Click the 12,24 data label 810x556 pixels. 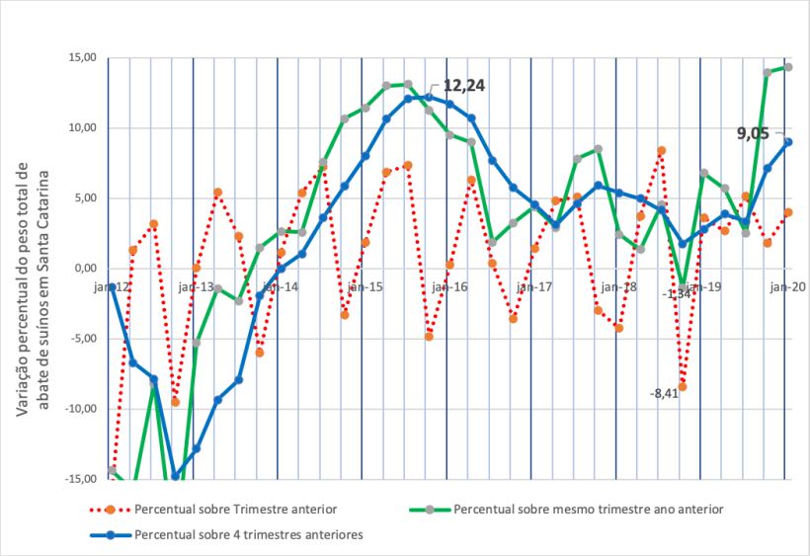[463, 86]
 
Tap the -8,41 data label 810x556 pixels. [664, 393]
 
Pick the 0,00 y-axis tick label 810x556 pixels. [86, 268]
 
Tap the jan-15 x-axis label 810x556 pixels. [364, 286]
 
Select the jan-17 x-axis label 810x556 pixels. [534, 286]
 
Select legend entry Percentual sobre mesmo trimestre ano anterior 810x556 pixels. [588, 510]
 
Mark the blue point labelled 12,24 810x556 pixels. [429, 97]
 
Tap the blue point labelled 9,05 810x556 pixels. [788, 141]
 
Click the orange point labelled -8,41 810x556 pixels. [683, 386]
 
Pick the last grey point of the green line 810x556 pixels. [788, 67]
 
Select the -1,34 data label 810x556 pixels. [678, 293]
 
